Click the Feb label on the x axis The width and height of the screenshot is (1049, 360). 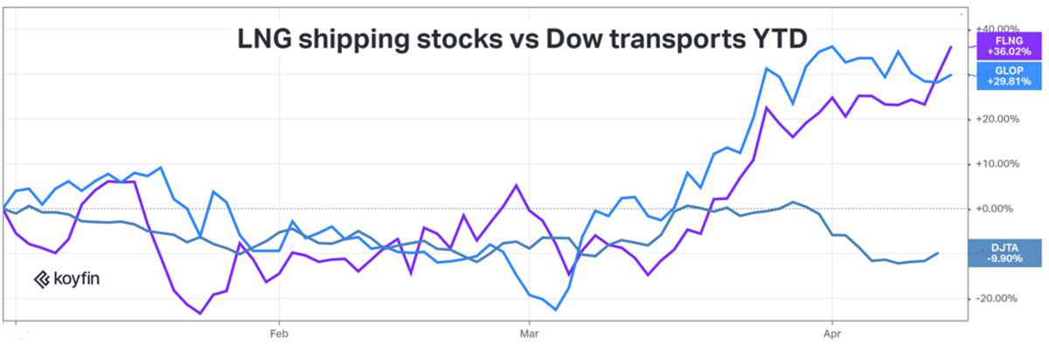(278, 333)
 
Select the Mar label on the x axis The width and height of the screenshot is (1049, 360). (528, 333)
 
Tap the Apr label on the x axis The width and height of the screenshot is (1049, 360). (833, 333)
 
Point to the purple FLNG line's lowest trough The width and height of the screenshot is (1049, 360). (201, 313)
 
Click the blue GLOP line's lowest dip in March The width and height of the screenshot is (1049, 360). (556, 309)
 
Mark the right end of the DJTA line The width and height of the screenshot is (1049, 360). (939, 253)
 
